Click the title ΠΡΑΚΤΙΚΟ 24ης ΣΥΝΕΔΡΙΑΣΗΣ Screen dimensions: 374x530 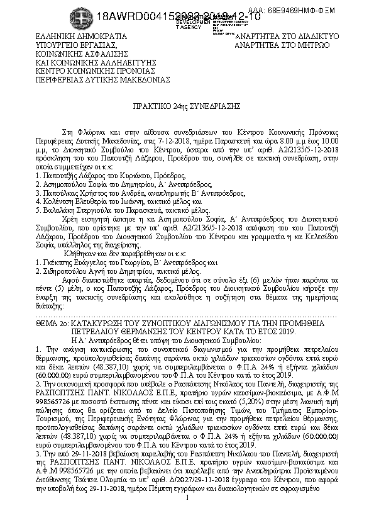pos(187,108)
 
